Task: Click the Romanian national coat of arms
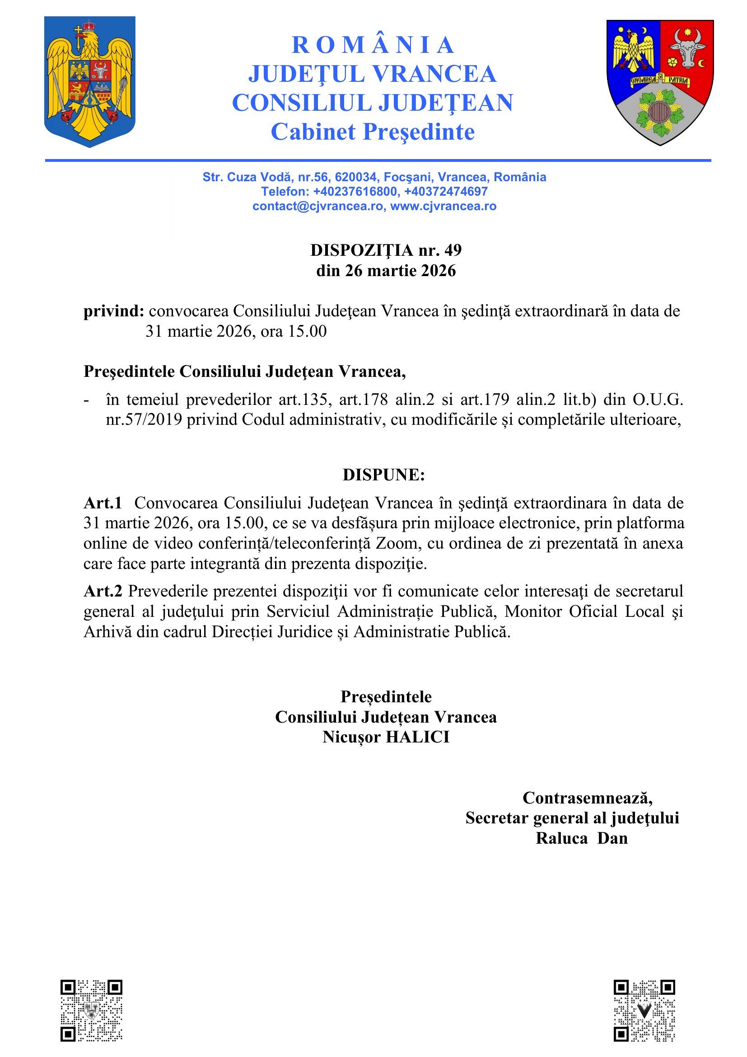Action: click(x=90, y=81)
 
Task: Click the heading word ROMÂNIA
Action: click(x=373, y=45)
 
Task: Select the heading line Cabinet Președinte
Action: click(x=373, y=132)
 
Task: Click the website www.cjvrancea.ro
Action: click(x=444, y=206)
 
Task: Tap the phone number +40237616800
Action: click(x=355, y=192)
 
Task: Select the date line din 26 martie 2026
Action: click(x=385, y=271)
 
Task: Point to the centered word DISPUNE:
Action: click(x=383, y=475)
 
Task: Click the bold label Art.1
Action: click(x=103, y=503)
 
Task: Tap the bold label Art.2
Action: click(x=103, y=591)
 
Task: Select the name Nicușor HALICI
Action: click(x=385, y=737)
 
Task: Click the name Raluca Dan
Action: click(x=581, y=838)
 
